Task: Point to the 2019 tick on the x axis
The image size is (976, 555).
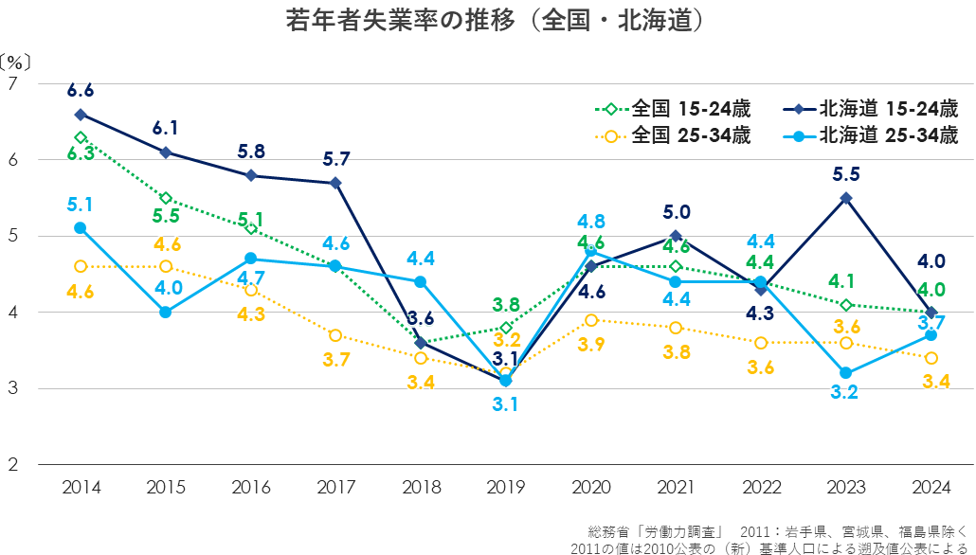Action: [505, 488]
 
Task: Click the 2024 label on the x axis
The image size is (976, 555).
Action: [931, 488]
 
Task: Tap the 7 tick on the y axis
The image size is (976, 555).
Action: [13, 84]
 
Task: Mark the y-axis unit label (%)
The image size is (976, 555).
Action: [16, 62]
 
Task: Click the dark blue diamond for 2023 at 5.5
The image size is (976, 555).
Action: [845, 198]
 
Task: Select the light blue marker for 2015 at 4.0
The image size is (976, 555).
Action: [166, 312]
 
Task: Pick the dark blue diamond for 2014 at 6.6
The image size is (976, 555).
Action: [81, 114]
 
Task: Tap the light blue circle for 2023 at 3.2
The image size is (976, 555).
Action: [845, 373]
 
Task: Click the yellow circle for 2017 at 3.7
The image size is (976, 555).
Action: [335, 335]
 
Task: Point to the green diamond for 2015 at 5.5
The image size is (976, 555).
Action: [166, 198]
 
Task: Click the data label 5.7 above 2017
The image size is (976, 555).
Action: [335, 158]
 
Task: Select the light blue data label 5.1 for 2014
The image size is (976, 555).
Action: [81, 204]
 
